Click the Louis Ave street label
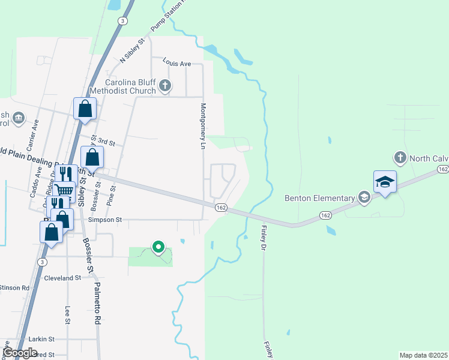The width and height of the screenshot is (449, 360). point(176,63)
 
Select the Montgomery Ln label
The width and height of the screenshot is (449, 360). point(203,126)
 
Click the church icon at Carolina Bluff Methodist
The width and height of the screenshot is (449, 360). point(166,87)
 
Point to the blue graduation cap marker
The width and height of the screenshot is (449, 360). point(384,182)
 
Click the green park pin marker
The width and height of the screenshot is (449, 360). point(158,247)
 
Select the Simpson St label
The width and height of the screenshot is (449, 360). point(105,220)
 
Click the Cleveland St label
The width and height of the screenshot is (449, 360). point(62,278)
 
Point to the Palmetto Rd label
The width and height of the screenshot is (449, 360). point(97,305)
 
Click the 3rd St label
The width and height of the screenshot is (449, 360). point(106,142)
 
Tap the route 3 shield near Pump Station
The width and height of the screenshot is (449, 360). point(122,21)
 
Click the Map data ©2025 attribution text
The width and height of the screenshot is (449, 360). point(424,355)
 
